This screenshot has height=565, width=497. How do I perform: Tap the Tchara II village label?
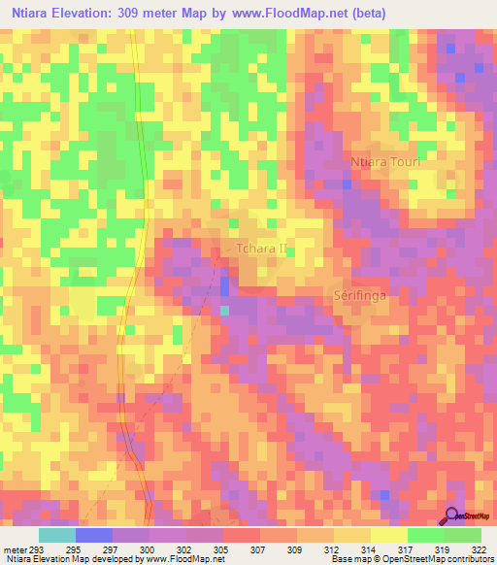261,249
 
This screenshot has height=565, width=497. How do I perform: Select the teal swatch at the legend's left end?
56,536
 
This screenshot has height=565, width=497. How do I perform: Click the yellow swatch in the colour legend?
388,536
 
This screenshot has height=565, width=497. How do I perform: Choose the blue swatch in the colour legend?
93,536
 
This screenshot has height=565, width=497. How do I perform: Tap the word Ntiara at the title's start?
30,14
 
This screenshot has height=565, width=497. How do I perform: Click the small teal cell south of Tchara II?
225,310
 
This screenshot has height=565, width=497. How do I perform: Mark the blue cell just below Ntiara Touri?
347,183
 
